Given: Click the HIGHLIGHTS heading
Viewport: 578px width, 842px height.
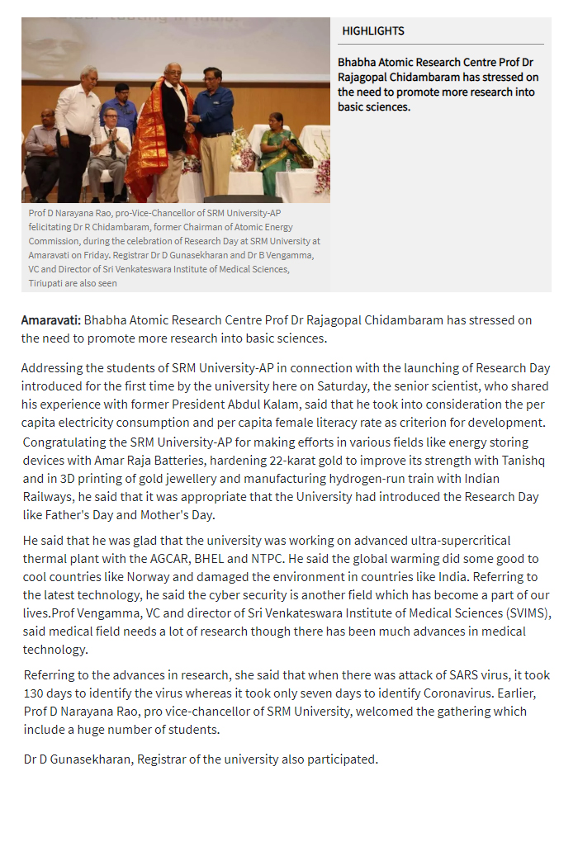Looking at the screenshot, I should point(373,31).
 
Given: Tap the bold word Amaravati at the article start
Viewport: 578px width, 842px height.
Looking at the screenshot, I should point(50,319).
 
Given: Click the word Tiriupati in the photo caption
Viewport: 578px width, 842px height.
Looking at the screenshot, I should point(50,283).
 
